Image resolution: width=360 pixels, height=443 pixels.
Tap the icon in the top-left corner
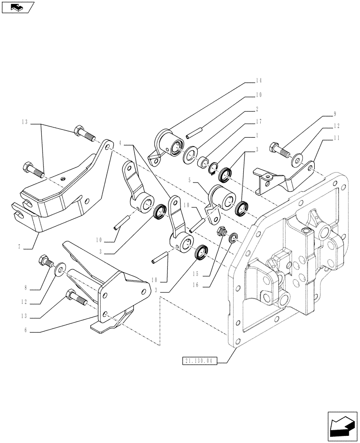click(x=18, y=7)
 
